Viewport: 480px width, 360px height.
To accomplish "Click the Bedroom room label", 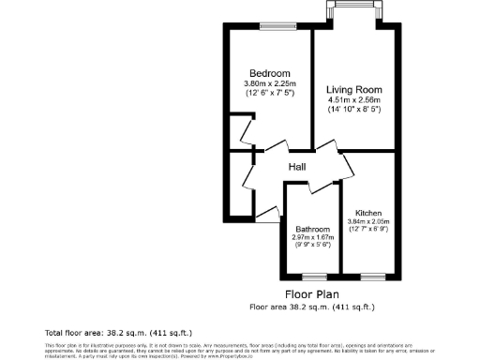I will point(269,73).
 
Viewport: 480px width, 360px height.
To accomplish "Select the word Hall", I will point(297,167).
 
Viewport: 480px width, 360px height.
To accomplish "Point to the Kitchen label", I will point(368,214).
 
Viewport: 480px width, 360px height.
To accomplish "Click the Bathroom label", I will point(312,229).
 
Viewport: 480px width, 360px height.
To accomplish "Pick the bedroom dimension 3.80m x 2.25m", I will point(269,83).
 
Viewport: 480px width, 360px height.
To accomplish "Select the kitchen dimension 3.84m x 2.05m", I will point(368,221).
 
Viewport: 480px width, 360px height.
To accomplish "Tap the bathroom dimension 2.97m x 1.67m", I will point(312,237).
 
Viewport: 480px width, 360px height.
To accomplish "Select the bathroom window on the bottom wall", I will point(312,276).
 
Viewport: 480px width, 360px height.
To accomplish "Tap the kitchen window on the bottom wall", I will point(372,276).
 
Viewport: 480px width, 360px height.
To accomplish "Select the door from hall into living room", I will point(325,146).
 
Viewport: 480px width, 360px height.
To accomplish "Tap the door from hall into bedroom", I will point(275,148).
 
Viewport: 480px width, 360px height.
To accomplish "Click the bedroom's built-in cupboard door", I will point(246,130).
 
